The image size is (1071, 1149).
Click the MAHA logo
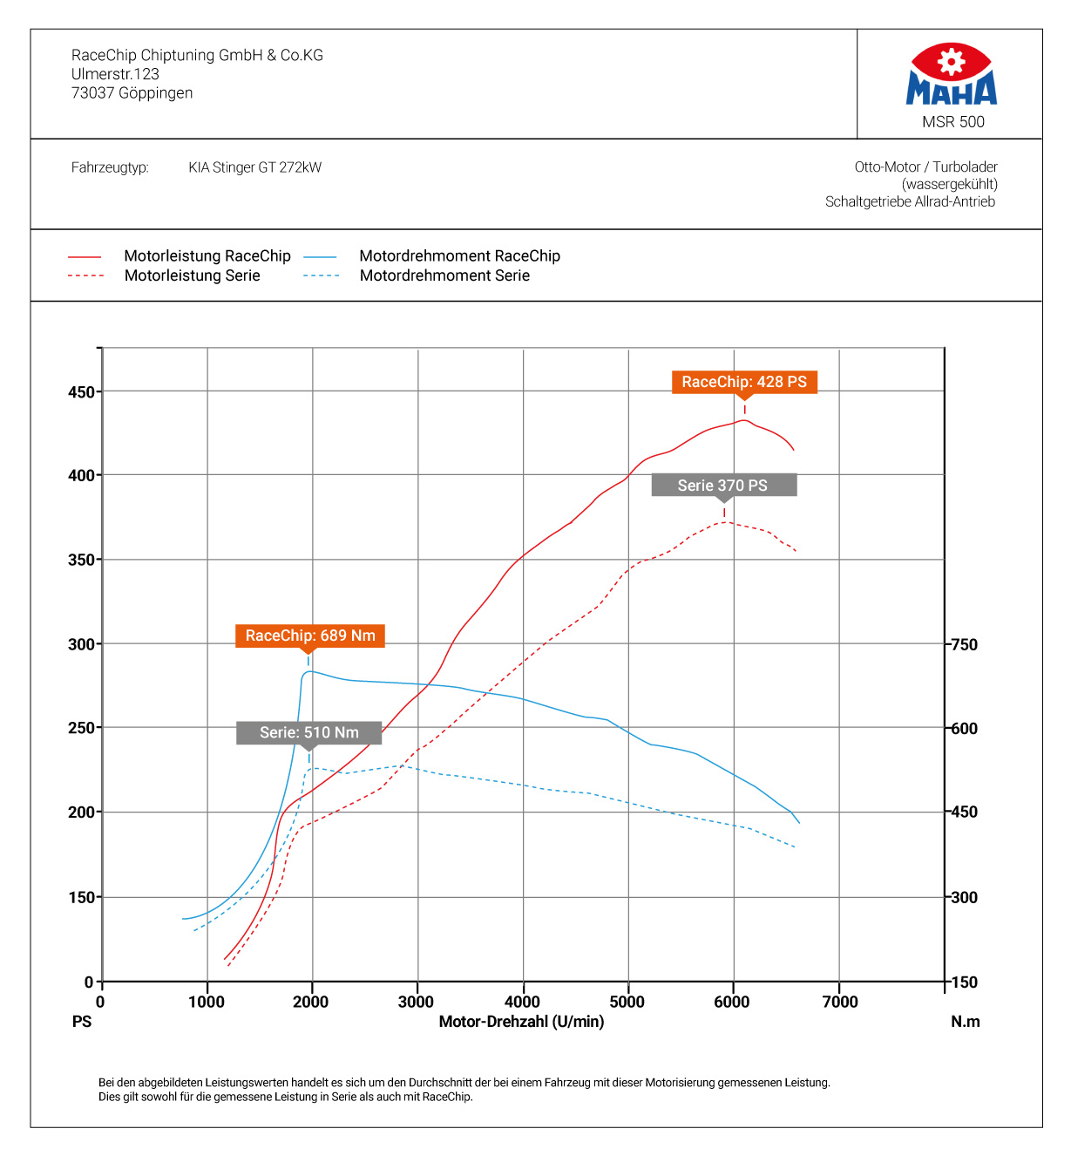(x=951, y=75)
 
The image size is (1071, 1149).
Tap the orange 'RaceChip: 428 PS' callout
(x=744, y=382)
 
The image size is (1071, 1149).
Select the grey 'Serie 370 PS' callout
(x=723, y=486)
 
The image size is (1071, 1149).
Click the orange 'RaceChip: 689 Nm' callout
(x=309, y=636)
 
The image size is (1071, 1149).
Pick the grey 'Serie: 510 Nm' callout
(x=308, y=732)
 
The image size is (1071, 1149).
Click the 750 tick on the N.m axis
(x=965, y=645)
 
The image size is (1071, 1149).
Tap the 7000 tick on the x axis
(x=840, y=1002)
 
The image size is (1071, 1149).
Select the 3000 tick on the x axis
(x=416, y=1002)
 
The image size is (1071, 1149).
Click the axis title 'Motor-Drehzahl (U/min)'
(x=521, y=1022)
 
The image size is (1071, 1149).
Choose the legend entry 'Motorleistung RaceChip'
(x=207, y=256)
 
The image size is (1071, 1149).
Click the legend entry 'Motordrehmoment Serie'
(x=444, y=275)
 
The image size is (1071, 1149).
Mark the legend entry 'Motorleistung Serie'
(x=193, y=275)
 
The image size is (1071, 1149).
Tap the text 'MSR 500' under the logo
(x=953, y=122)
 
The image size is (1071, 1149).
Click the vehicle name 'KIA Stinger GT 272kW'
(x=255, y=167)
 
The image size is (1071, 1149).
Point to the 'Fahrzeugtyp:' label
(x=110, y=167)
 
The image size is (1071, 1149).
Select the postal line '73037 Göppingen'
(x=132, y=93)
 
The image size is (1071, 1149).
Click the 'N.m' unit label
(x=965, y=1022)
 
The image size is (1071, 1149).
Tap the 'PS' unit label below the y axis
(x=82, y=1022)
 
